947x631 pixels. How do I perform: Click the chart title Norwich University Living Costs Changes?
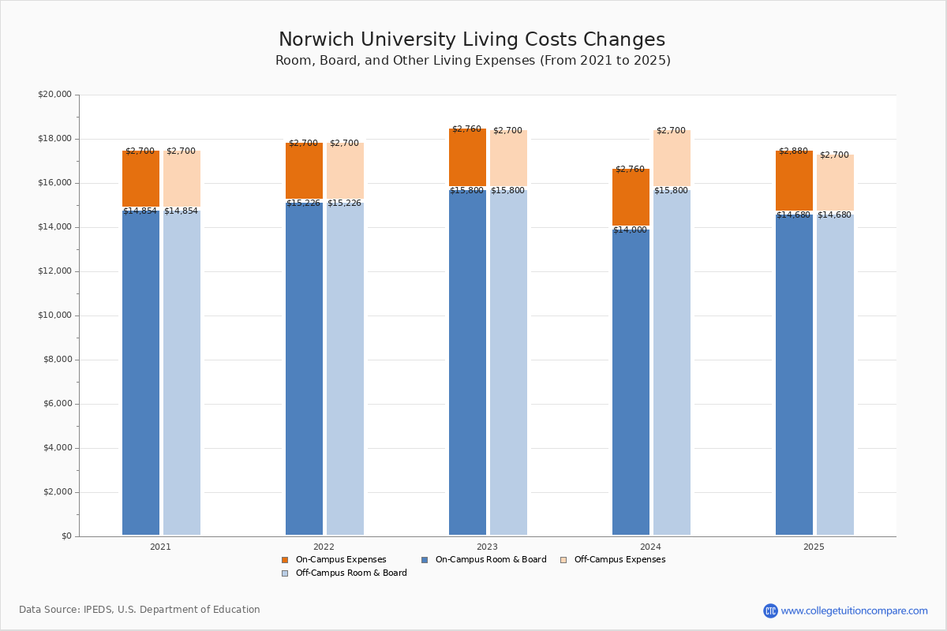tap(472, 40)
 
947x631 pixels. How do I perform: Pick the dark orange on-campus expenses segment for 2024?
tap(631, 197)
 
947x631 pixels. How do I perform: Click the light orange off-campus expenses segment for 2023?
tap(508, 159)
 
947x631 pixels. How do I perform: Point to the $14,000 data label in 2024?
tap(630, 230)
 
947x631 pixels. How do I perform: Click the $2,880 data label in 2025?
tap(793, 151)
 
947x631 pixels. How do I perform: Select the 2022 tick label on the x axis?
tap(324, 547)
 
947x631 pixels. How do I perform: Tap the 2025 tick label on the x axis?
tap(814, 547)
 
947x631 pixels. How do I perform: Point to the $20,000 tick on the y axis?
tap(54, 95)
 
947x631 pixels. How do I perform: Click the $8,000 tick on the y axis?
tap(57, 360)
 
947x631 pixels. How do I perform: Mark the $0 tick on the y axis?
tap(66, 536)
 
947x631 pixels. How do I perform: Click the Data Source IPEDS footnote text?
tap(140, 610)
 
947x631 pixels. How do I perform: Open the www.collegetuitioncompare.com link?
tap(854, 611)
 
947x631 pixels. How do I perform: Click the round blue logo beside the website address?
tap(770, 611)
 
